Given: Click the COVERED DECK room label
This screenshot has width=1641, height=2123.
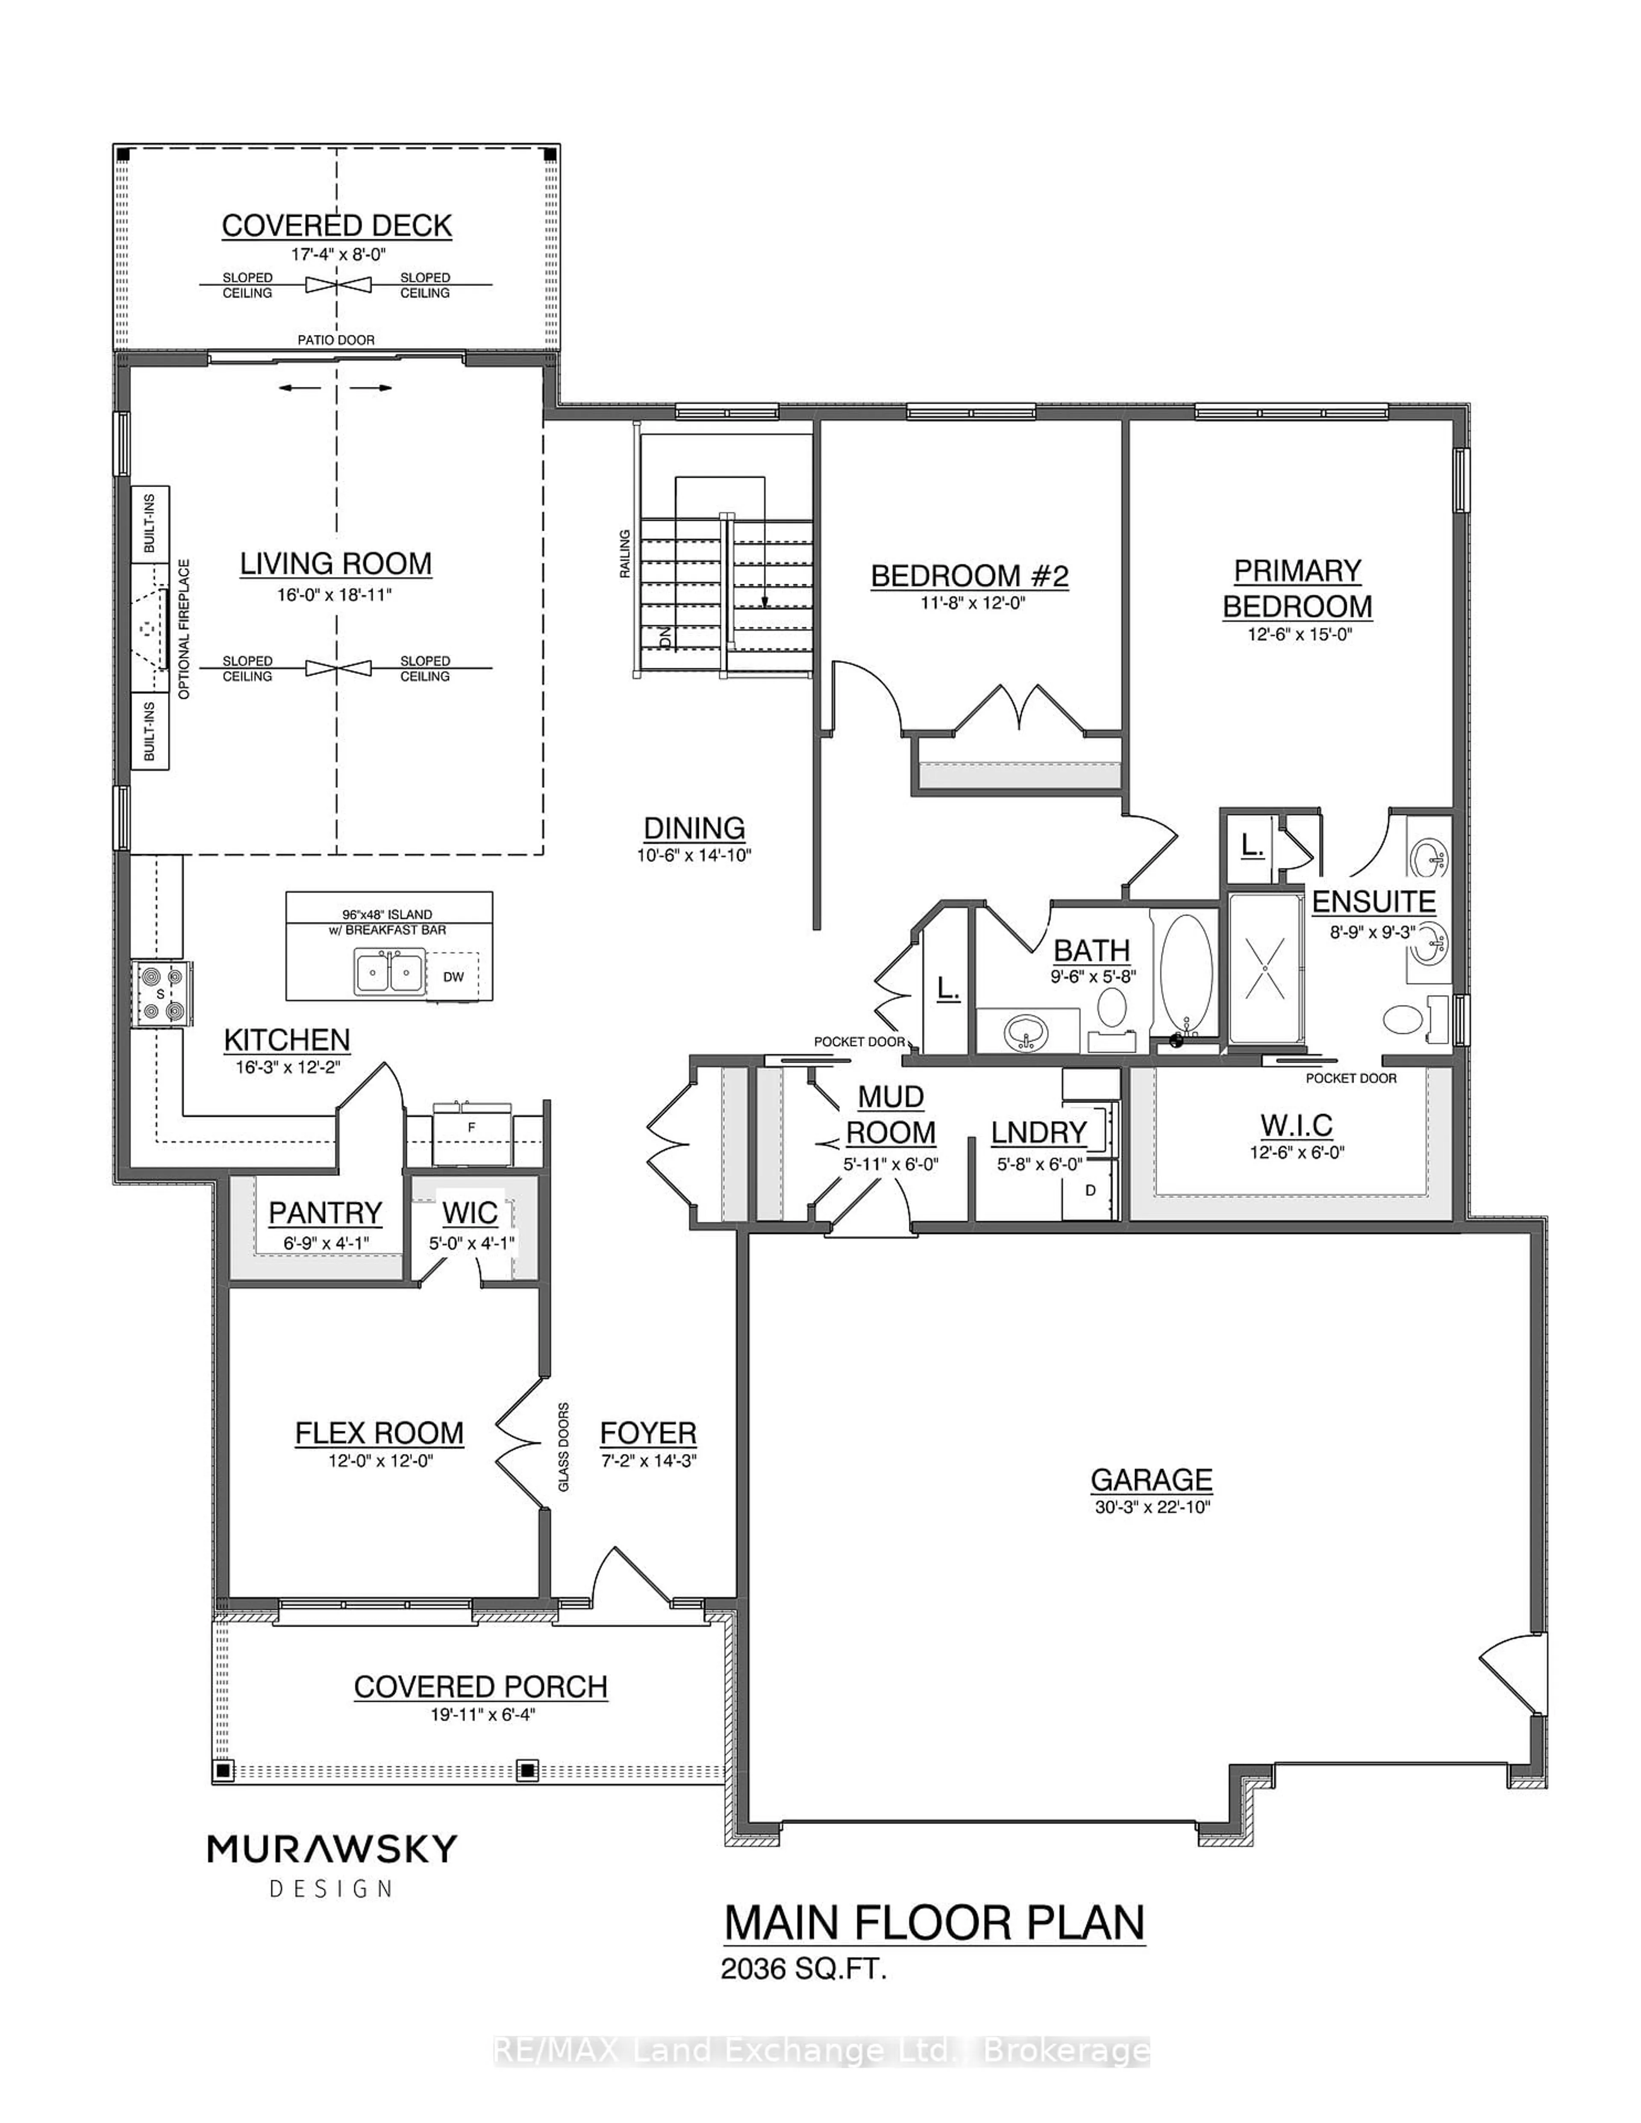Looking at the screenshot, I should click(336, 226).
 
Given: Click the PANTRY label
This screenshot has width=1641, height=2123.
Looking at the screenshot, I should click(325, 1213).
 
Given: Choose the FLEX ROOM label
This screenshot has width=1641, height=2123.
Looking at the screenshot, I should click(379, 1433).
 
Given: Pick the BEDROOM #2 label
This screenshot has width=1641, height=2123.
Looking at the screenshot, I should click(969, 576).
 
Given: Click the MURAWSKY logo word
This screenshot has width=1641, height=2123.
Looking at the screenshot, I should click(332, 1850).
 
